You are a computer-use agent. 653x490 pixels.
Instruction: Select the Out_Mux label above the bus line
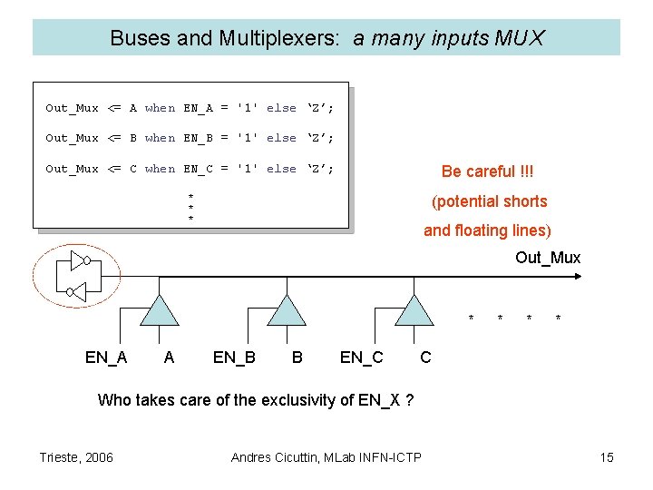pyautogui.click(x=548, y=258)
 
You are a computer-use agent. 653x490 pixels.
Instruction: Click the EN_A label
pyautogui.click(x=106, y=358)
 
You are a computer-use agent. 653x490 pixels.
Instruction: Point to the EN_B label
pyautogui.click(x=234, y=358)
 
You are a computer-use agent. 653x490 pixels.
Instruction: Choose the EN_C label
pyautogui.click(x=361, y=358)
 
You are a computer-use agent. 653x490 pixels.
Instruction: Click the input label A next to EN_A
pyautogui.click(x=169, y=358)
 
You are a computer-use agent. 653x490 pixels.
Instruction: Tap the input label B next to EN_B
pyautogui.click(x=297, y=358)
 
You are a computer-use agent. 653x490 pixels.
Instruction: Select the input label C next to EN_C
pyautogui.click(x=425, y=358)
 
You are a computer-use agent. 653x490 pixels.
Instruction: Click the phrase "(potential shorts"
pyautogui.click(x=489, y=201)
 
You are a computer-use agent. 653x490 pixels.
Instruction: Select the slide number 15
pyautogui.click(x=607, y=457)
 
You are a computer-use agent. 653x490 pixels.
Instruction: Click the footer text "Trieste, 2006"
pyautogui.click(x=76, y=457)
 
